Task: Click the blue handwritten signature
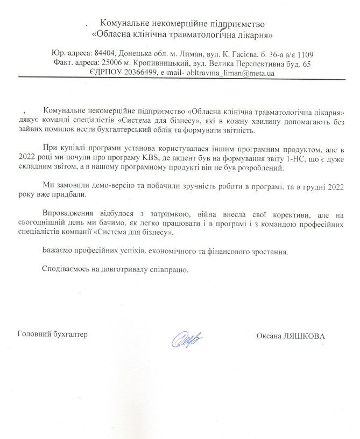187,338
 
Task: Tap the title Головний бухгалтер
52,333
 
